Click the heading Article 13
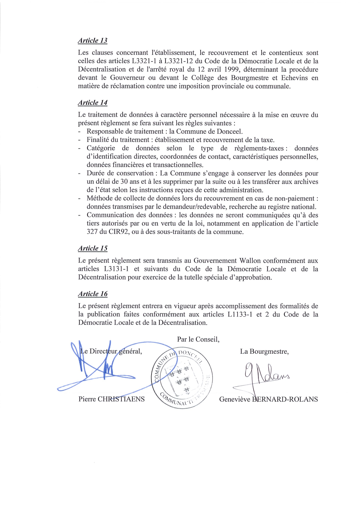tap(93, 41)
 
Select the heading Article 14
tap(93, 103)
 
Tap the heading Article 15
tap(93, 248)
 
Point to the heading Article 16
tap(93, 294)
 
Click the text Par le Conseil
tap(198, 339)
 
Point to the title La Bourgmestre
tap(264, 352)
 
